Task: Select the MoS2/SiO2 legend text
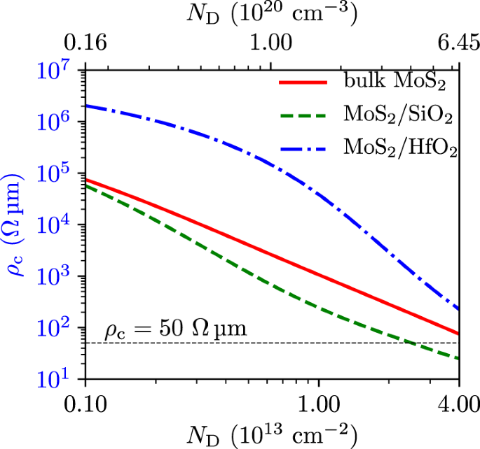tap(397, 115)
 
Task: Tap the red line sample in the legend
tap(303, 83)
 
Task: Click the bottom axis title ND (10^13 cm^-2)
tap(270, 434)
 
